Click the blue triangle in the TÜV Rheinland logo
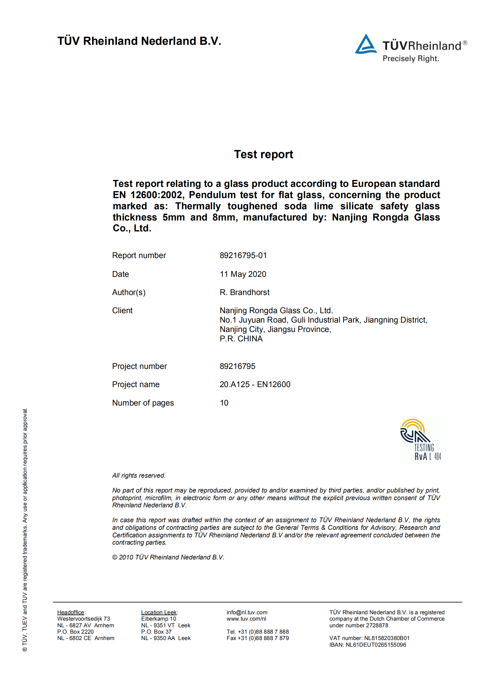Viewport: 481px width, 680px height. pos(366,45)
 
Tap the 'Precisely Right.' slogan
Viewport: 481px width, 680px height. pos(411,58)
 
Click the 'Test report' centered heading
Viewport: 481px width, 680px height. pos(263,154)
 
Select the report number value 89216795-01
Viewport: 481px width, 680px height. pos(243,255)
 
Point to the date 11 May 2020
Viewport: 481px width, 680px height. pos(243,274)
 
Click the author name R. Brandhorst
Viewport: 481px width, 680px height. pos(244,292)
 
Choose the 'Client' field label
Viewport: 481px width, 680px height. pos(122,310)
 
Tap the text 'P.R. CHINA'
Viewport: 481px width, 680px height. pos(241,339)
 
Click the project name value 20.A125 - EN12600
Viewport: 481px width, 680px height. pos(255,384)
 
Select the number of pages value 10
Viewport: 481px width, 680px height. pos(224,403)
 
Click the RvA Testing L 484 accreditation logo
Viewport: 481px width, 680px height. pos(421,440)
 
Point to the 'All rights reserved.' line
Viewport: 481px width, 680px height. pos(139,476)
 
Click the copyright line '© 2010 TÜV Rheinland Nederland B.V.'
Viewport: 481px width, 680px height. pos(168,557)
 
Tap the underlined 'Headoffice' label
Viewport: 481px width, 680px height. pos(71,612)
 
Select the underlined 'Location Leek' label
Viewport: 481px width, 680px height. pos(159,612)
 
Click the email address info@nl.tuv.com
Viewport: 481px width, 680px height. pos(247,612)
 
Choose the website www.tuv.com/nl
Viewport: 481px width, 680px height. pos(246,619)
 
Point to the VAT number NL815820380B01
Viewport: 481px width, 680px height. pos(386,638)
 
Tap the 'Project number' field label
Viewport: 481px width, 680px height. pos(139,366)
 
